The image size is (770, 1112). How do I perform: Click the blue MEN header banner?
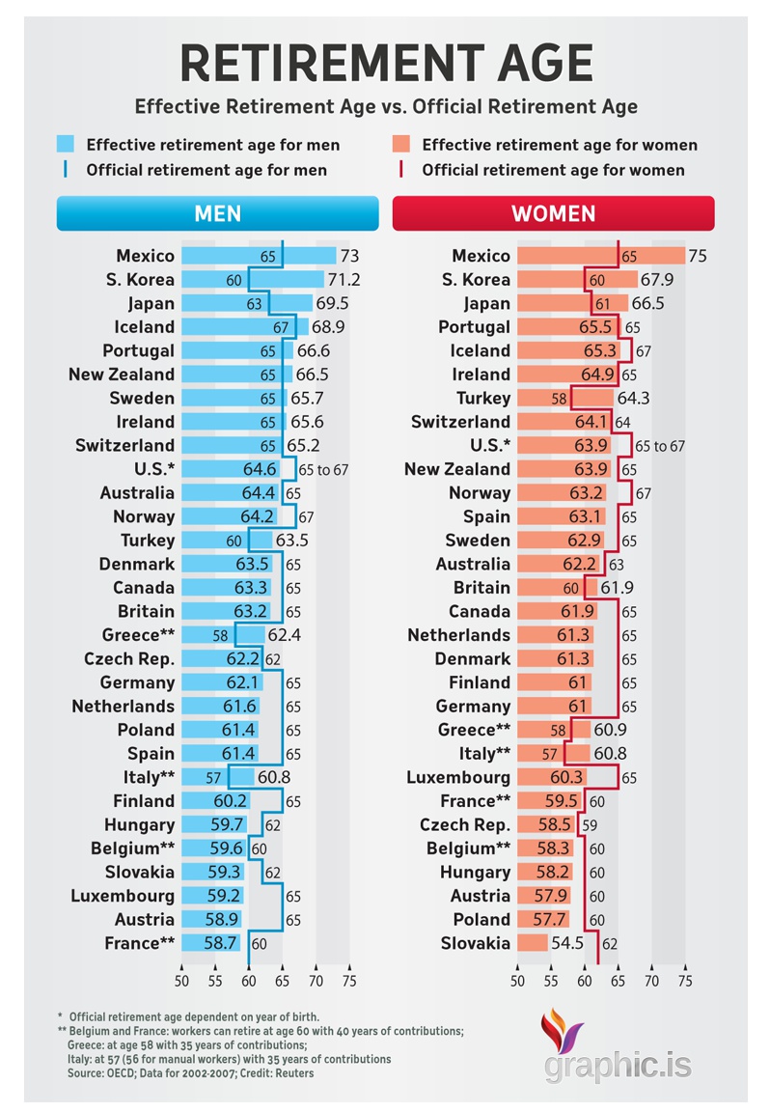click(x=217, y=213)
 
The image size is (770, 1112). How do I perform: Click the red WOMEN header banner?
click(x=553, y=213)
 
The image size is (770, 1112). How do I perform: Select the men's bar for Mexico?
click(x=259, y=256)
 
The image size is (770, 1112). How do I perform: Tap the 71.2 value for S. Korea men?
click(x=344, y=280)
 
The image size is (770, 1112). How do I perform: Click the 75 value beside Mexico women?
click(x=698, y=256)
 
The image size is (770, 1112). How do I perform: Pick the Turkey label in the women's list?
click(x=483, y=398)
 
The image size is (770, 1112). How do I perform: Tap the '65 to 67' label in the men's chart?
click(x=323, y=470)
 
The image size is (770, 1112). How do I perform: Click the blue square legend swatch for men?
click(x=66, y=145)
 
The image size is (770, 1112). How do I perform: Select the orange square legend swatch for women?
click(x=401, y=145)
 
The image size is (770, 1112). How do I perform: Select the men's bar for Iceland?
click(x=244, y=327)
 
